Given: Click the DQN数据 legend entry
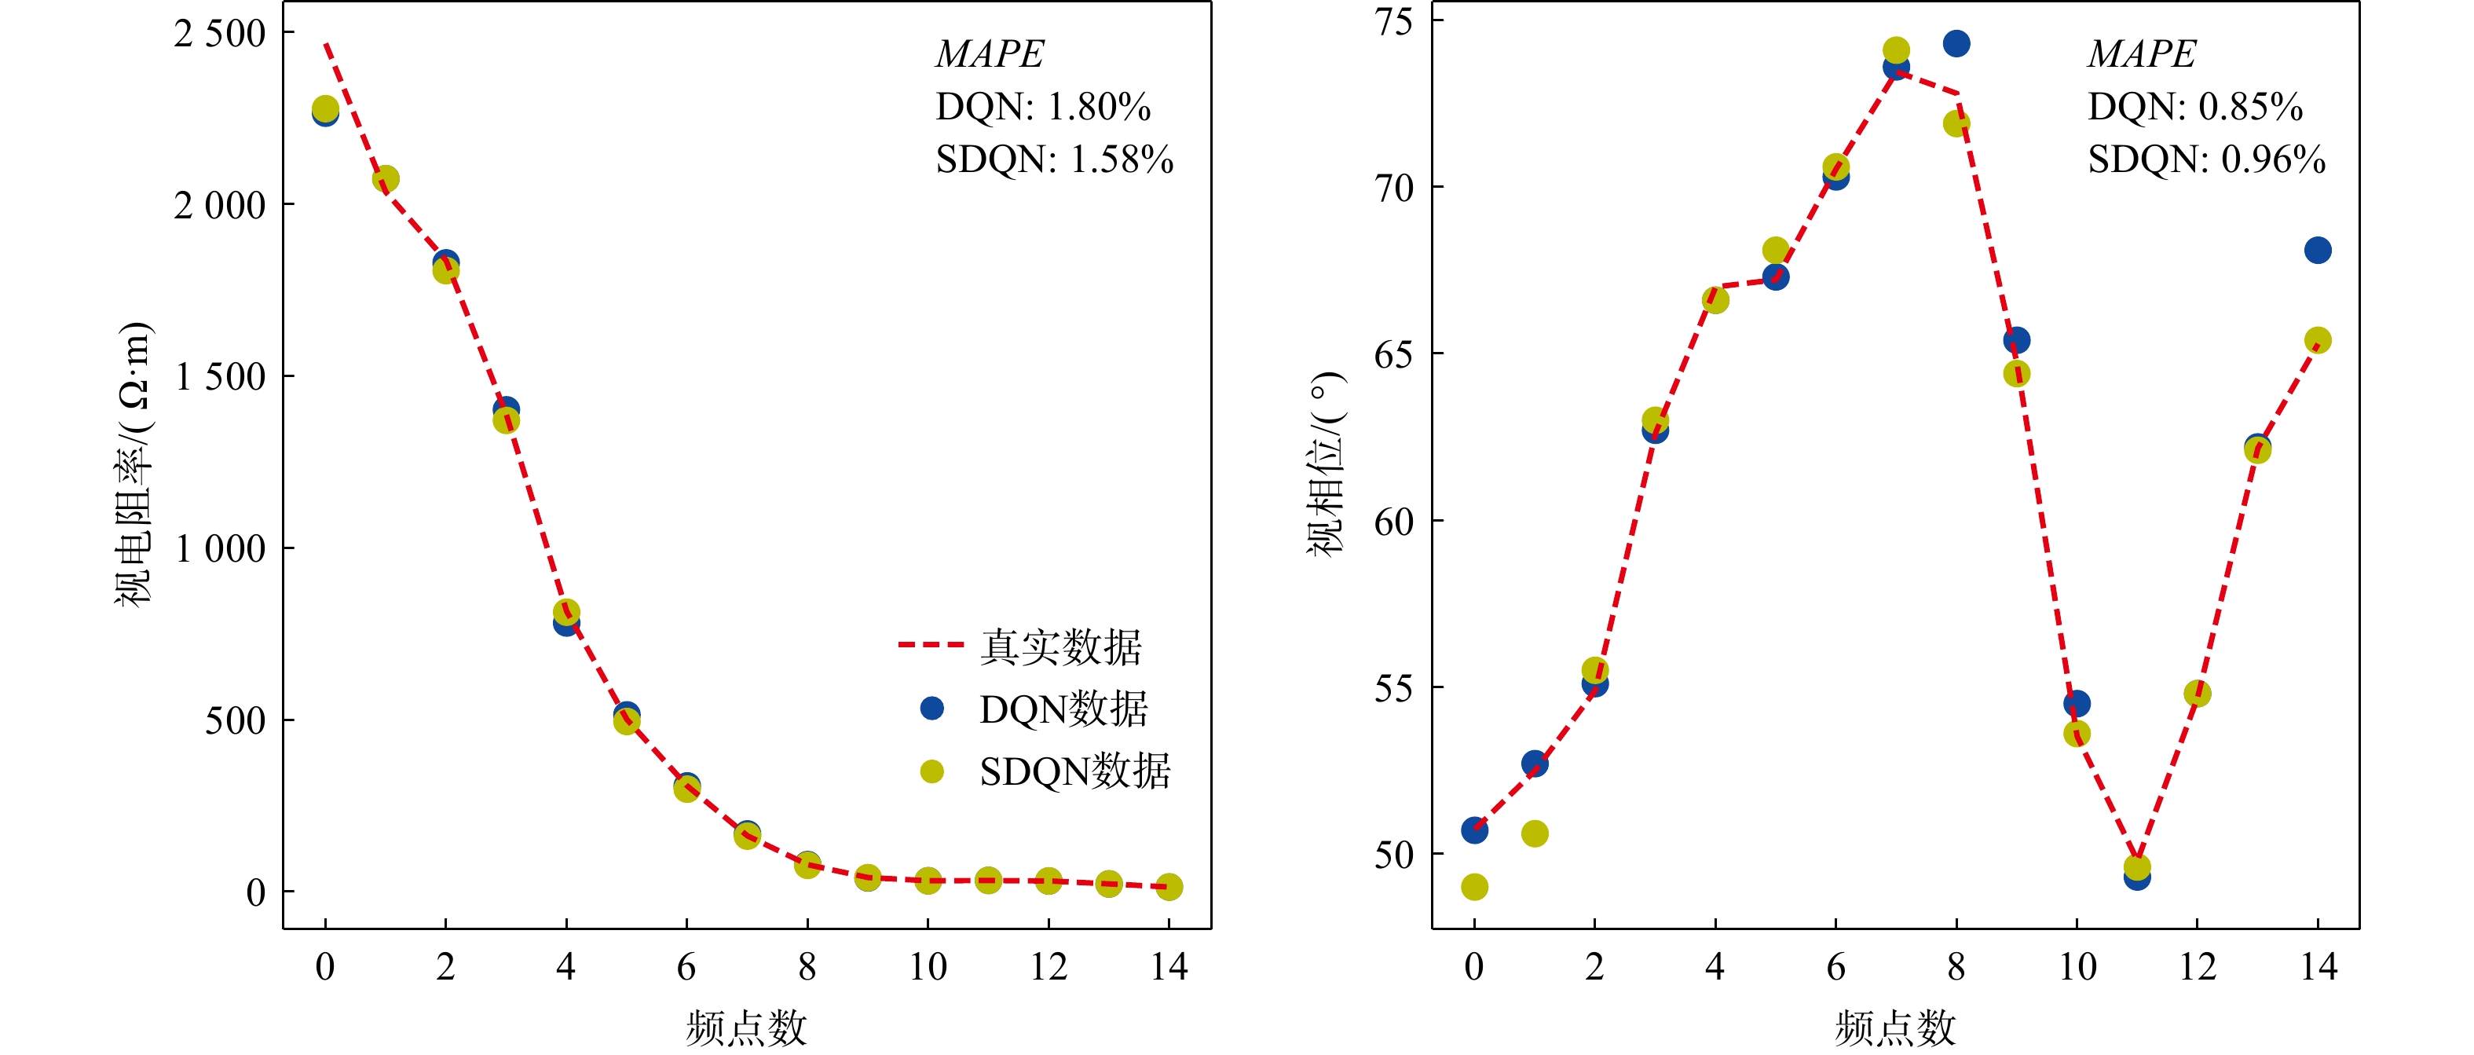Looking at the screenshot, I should pyautogui.click(x=1034, y=709).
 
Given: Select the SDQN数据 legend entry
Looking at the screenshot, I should pyautogui.click(x=1045, y=771).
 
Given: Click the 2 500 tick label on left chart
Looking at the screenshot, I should pyautogui.click(x=220, y=34).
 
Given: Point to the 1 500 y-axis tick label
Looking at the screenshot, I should pyautogui.click(x=220, y=376).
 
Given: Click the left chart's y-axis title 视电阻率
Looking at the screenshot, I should pyautogui.click(x=134, y=464).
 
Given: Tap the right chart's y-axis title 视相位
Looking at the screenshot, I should pyautogui.click(x=1327, y=464).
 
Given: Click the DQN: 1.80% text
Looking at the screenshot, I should pyautogui.click(x=1043, y=107).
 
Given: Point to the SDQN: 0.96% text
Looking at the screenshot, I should pyautogui.click(x=2206, y=159).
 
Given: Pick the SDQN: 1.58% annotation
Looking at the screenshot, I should pyautogui.click(x=1055, y=159).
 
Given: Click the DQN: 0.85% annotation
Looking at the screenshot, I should pyautogui.click(x=2194, y=107).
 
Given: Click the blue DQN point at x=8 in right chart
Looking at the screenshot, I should pyautogui.click(x=1956, y=43).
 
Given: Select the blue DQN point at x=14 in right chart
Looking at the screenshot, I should pyautogui.click(x=2318, y=251).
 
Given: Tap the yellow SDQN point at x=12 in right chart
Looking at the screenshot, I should pyautogui.click(x=2198, y=694).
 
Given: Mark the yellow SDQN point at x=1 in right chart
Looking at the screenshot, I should pyautogui.click(x=1535, y=833).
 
